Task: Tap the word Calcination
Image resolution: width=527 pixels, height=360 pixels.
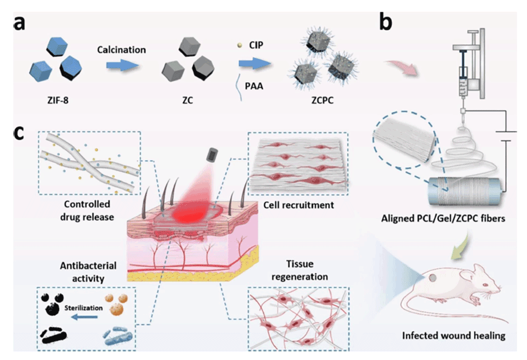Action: [121, 50]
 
